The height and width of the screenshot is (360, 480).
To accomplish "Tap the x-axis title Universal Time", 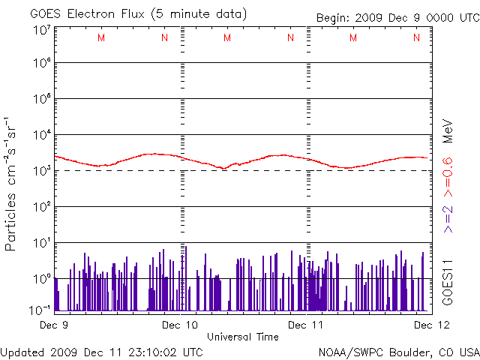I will [x=243, y=337].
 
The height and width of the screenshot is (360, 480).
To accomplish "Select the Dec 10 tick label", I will [x=180, y=325].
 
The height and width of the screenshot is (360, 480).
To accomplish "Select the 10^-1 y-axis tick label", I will [x=40, y=309].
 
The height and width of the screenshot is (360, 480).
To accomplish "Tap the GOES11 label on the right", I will [x=447, y=281].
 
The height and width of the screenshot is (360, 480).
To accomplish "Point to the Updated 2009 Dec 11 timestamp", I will [x=102, y=351].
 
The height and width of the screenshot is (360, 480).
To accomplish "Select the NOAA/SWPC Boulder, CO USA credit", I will [x=398, y=351].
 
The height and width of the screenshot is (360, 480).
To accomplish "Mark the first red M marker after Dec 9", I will [x=101, y=37].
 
